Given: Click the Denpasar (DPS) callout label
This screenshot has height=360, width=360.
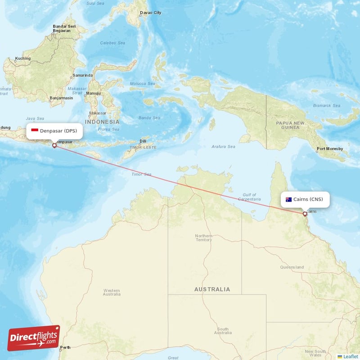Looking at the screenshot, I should [x=54, y=131].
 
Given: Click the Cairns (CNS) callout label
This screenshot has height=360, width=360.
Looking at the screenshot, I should [x=305, y=199].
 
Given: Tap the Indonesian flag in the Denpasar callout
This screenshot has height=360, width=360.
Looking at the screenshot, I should [x=35, y=131].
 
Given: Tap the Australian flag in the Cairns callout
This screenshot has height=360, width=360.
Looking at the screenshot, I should [x=288, y=199].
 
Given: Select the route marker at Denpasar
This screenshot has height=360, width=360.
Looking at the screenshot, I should [x=54, y=145].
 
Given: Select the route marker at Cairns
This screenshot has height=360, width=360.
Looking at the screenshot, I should [x=305, y=214].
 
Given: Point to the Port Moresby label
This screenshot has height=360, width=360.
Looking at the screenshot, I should [x=330, y=148].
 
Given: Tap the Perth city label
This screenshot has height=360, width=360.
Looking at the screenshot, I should [x=66, y=347].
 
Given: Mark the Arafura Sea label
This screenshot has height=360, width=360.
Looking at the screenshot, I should [x=223, y=146].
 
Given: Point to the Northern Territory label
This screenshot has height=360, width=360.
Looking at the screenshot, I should [x=203, y=238].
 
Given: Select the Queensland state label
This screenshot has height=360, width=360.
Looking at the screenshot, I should [x=292, y=267].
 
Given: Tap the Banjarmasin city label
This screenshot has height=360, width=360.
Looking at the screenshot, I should [x=61, y=97].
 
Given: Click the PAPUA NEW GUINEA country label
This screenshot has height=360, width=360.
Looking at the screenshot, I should [x=290, y=125].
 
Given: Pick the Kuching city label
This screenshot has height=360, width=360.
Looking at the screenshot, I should [x=23, y=58].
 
